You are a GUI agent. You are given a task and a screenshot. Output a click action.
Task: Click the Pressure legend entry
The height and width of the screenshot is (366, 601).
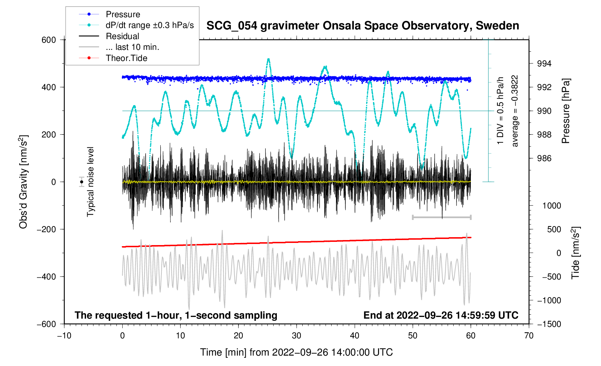(123, 14)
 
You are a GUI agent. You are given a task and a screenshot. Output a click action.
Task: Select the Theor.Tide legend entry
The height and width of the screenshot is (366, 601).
(126, 58)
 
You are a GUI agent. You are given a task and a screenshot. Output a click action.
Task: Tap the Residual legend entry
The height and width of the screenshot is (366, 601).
(122, 36)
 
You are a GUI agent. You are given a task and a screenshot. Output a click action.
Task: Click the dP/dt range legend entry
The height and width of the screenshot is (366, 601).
(150, 25)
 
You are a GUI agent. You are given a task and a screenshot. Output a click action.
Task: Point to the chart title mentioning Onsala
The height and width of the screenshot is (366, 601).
(363, 26)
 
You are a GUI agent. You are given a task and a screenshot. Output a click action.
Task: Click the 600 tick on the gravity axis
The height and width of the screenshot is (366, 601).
(49, 40)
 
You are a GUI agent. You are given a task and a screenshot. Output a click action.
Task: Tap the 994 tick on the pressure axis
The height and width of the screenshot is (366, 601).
(544, 64)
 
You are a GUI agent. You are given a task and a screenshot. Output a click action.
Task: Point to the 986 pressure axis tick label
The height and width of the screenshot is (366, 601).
(544, 159)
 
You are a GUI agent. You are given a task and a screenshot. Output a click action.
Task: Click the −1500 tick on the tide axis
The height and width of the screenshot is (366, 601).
(549, 324)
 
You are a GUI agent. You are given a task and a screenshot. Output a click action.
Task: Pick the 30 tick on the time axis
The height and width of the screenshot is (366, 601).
(297, 336)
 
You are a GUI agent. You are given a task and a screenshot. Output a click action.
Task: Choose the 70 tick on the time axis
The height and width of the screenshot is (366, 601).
(529, 336)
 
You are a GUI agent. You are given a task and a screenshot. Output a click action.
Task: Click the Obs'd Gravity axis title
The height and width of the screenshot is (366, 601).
(23, 182)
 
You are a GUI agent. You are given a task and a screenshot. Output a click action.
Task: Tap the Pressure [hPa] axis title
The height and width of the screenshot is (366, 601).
(566, 111)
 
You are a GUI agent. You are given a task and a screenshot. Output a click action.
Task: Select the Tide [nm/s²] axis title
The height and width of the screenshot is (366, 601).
(576, 253)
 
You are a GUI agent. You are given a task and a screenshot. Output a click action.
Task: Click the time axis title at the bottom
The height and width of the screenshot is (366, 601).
(296, 352)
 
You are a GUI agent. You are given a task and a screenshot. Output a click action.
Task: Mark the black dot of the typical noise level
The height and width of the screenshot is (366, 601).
(82, 182)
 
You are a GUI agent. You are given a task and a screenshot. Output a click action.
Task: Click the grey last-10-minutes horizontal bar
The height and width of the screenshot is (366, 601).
(441, 217)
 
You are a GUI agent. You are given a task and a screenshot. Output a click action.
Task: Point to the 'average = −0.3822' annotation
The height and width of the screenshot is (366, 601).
(515, 111)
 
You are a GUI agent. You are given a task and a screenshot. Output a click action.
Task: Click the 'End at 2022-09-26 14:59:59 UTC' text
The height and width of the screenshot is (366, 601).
(441, 315)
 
